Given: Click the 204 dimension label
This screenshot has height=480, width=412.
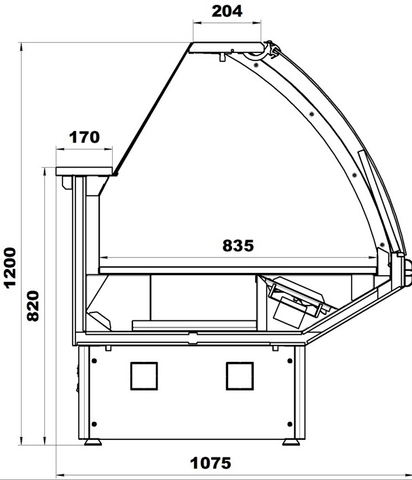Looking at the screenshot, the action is [x=227, y=12].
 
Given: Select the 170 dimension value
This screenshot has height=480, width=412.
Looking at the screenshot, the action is [x=84, y=137].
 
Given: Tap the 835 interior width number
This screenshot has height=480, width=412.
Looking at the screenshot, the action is [x=238, y=246].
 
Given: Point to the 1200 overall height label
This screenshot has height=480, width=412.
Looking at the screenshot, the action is [x=10, y=267].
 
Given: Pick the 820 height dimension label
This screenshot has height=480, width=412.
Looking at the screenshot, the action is [x=33, y=306].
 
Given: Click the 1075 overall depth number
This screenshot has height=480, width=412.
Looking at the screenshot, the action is [x=210, y=463].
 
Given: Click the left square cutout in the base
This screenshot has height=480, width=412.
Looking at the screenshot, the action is [x=144, y=376].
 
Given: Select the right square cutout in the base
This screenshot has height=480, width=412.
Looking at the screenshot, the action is [x=240, y=376].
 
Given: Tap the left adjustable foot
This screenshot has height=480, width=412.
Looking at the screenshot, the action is [x=93, y=442].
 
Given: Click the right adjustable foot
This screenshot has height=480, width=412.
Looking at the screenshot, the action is [x=291, y=442].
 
